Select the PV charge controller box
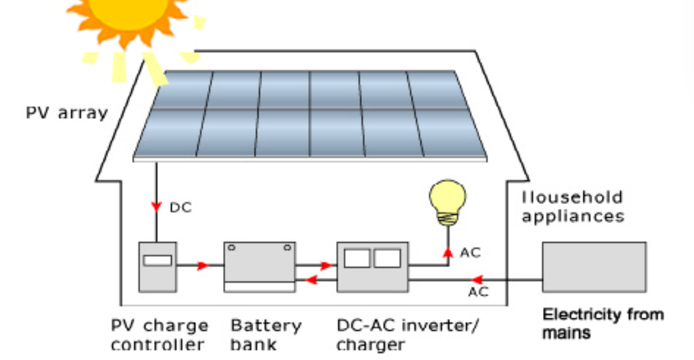click(157, 267)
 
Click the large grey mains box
click(594, 267)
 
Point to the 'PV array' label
click(66, 114)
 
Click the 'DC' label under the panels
click(180, 207)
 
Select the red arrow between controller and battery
click(202, 266)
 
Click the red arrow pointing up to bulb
click(447, 253)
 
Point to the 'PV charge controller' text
click(159, 335)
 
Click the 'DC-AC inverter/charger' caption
click(407, 335)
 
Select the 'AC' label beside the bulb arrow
click(470, 253)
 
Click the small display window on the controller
click(157, 260)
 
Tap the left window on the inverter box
click(357, 258)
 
